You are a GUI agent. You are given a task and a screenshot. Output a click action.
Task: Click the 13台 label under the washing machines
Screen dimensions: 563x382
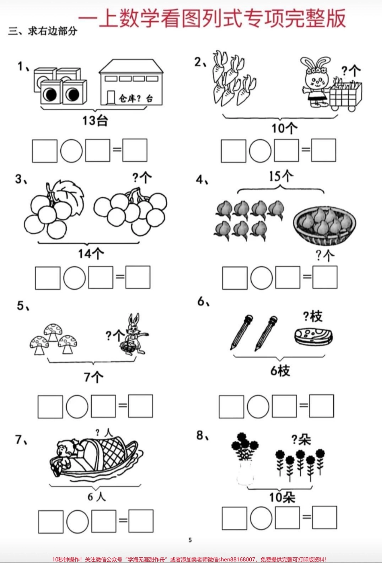pos(95,120)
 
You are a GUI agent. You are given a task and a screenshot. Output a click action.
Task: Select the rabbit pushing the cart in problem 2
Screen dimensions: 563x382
pos(316,82)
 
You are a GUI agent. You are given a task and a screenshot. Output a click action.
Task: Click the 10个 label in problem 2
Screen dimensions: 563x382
pos(284,128)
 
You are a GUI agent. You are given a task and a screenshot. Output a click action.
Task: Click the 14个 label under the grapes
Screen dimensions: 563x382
pos(91,254)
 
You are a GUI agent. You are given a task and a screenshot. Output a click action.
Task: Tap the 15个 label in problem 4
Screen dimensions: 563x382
pos(281,176)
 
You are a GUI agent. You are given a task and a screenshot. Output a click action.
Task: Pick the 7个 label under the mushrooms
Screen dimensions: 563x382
pos(93,377)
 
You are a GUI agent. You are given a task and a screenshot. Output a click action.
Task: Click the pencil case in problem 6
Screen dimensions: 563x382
pos(314,336)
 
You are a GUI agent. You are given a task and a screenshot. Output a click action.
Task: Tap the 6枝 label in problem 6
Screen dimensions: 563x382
pos(280,371)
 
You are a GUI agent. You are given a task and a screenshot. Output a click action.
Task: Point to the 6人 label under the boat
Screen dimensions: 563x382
pos(97,497)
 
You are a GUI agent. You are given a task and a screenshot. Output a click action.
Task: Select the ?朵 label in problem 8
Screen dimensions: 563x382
pos(301,439)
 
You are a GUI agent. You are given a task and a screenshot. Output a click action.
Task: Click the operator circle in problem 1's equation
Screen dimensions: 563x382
pos(72,151)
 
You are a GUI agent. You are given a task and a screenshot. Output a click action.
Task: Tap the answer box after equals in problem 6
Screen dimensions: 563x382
pos(321,406)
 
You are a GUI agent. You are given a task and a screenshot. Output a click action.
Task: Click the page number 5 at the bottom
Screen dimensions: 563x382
pos(190,540)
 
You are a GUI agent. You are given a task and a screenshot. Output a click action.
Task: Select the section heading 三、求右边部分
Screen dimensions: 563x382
pos(43,31)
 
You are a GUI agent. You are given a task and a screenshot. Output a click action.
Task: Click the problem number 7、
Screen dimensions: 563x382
pos(22,440)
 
